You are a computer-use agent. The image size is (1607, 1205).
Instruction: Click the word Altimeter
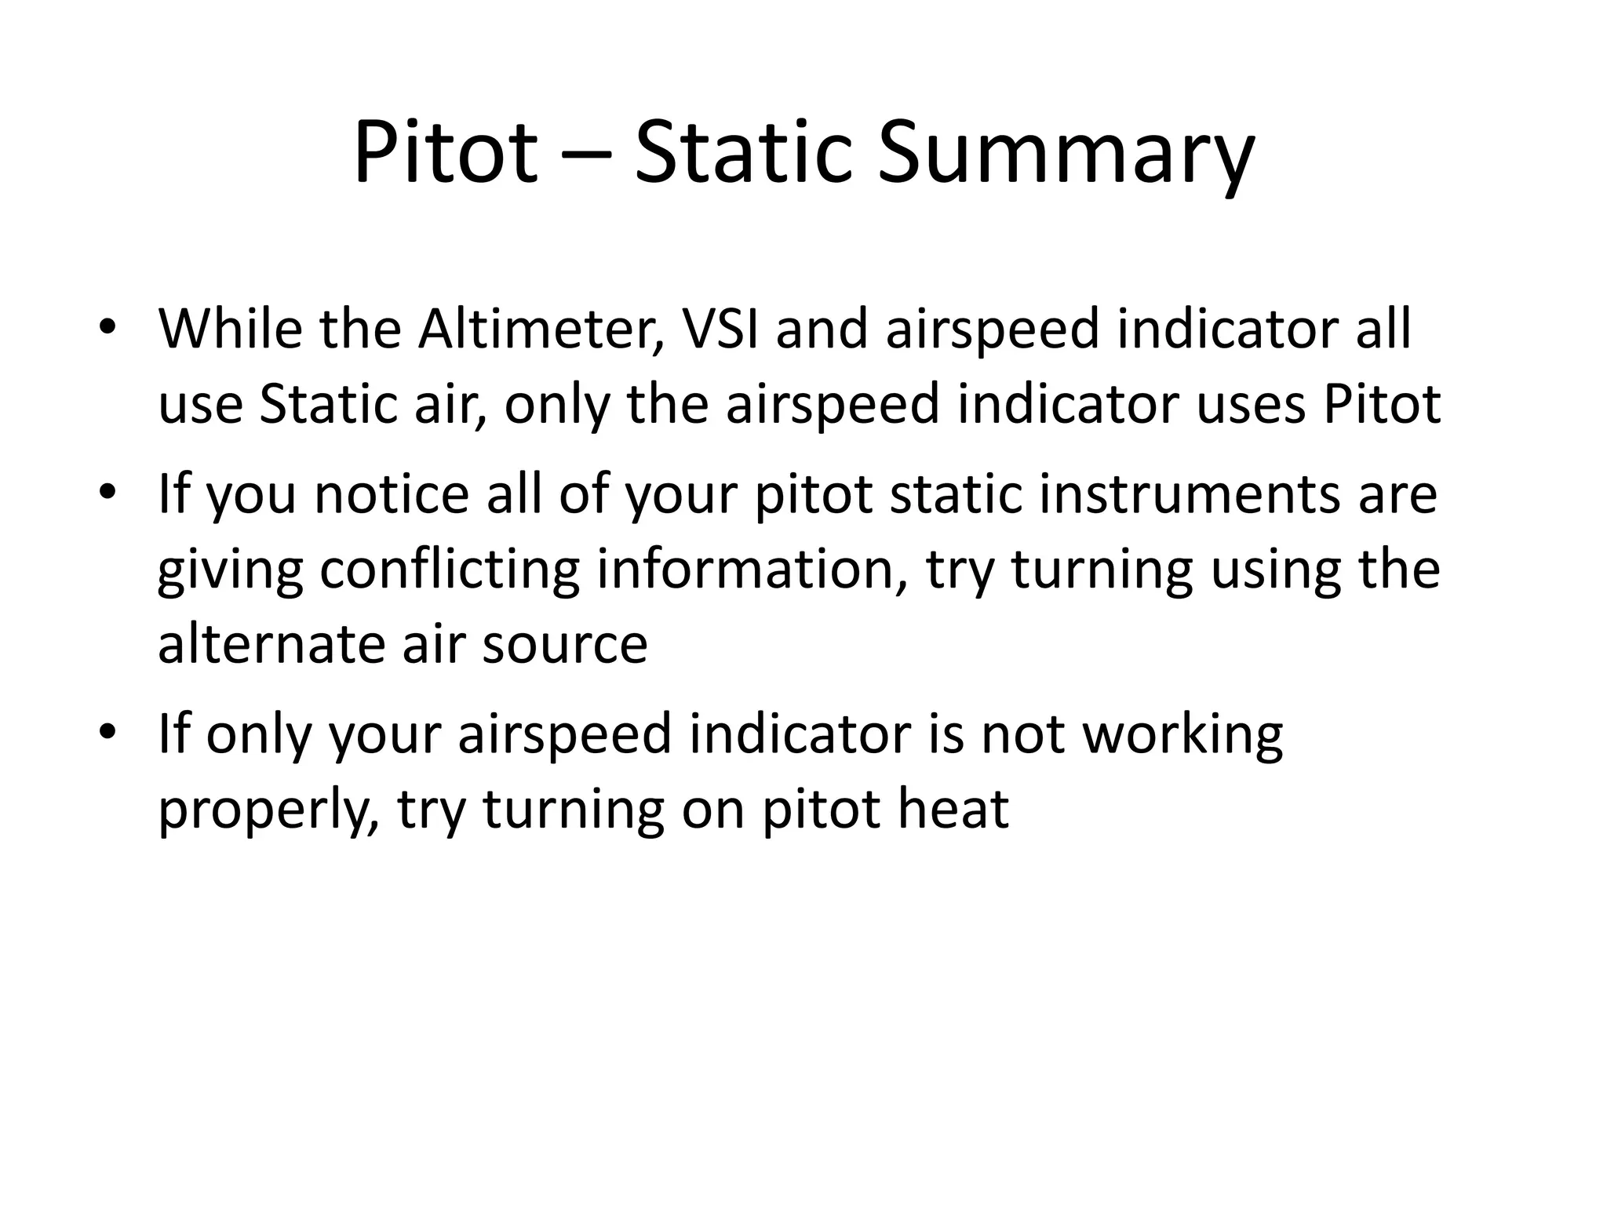coord(541,329)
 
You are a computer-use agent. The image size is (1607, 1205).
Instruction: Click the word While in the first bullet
coord(230,329)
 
